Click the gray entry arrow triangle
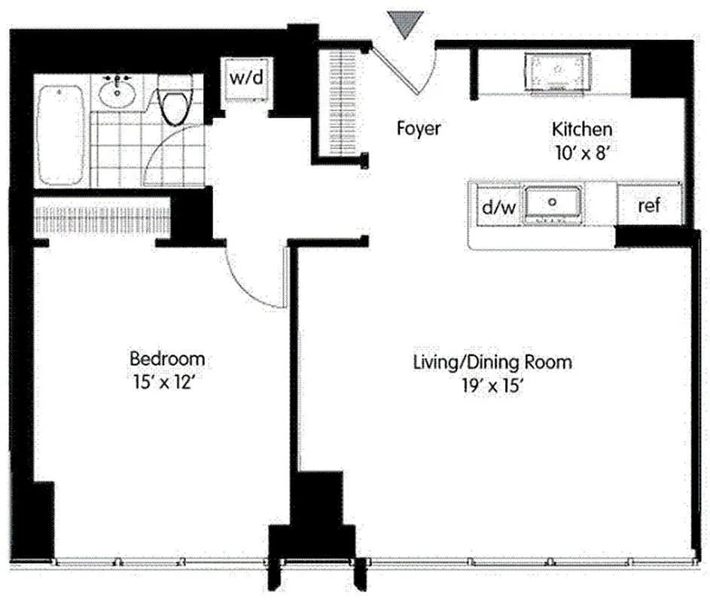[x=405, y=23]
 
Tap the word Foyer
[x=419, y=129]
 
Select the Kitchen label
[x=582, y=129]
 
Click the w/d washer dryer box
[x=246, y=79]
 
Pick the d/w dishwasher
[x=499, y=207]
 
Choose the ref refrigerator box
[x=649, y=205]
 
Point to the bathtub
[x=60, y=135]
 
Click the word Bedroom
[x=167, y=359]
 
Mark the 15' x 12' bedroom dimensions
[x=163, y=382]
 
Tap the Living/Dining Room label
[x=492, y=362]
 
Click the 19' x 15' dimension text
[x=492, y=386]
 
